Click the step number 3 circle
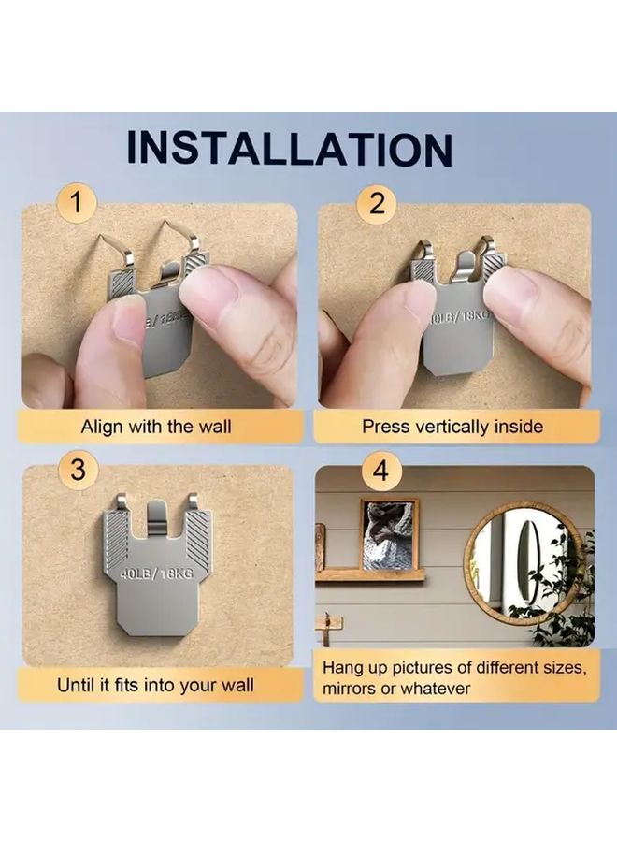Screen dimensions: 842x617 click(79, 470)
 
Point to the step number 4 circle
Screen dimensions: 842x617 click(380, 470)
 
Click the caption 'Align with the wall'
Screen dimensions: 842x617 click(156, 427)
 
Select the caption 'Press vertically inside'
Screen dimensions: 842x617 click(452, 427)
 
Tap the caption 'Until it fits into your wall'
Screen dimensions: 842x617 click(155, 685)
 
